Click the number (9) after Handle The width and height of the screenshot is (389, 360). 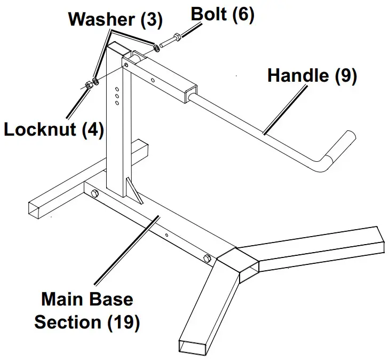click(345, 75)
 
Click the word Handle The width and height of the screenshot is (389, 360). click(298, 75)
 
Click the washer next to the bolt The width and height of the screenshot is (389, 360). click(156, 48)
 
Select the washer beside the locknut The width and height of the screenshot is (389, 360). click(95, 82)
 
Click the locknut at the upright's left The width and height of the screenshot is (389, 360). click(88, 84)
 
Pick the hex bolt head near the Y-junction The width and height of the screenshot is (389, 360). click(207, 259)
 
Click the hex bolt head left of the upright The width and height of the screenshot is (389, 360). click(95, 193)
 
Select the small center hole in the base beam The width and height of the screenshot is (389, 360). click(166, 234)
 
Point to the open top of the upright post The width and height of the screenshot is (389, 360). click(119, 49)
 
